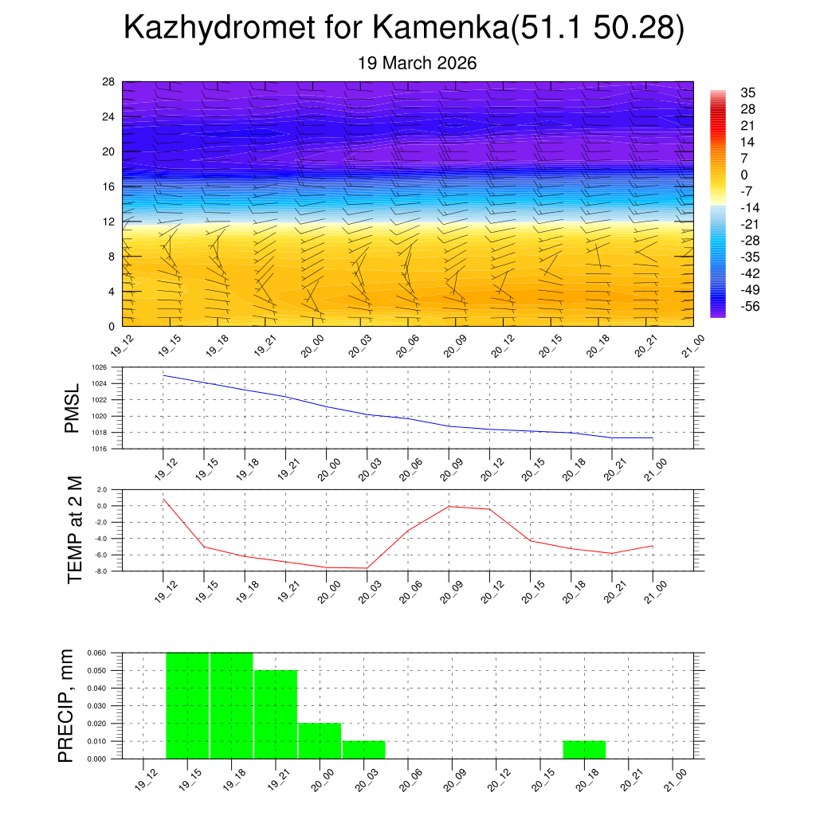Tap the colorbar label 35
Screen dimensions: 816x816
[747, 92]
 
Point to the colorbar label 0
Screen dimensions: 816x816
[744, 175]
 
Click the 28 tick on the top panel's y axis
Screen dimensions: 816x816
[109, 82]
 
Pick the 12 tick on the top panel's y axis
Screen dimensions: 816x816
[109, 222]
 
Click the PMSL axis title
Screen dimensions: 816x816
[73, 409]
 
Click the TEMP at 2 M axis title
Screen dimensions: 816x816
[75, 530]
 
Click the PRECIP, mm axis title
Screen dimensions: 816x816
[67, 706]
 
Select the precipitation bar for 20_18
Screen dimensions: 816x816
[584, 750]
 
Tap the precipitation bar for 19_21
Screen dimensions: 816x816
[276, 715]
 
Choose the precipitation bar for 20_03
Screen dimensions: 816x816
[364, 750]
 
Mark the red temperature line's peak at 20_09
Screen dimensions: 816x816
[449, 506]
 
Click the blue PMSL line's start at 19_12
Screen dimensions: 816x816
[163, 375]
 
